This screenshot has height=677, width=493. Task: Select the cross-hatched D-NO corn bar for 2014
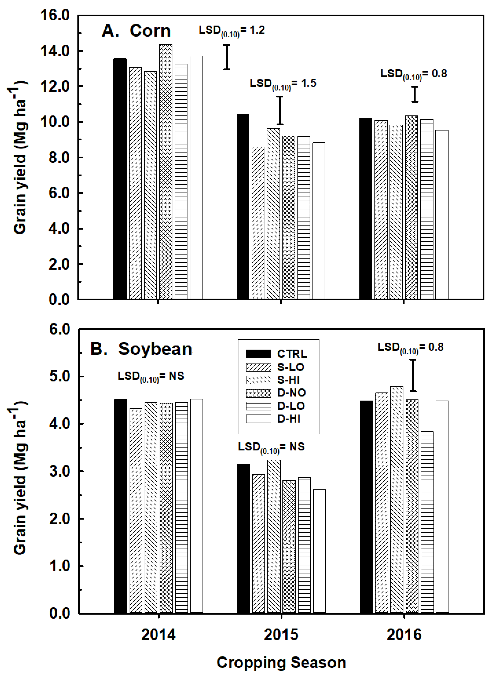[x=166, y=172]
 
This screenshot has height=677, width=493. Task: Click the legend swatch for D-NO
[x=258, y=393]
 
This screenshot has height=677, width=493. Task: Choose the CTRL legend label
[x=292, y=354]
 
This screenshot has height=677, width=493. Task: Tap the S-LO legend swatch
[x=258, y=367]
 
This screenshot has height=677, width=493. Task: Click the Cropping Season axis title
[x=281, y=663]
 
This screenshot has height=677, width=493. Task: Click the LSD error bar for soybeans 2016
[x=413, y=375]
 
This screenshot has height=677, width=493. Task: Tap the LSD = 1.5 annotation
[x=283, y=84]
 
